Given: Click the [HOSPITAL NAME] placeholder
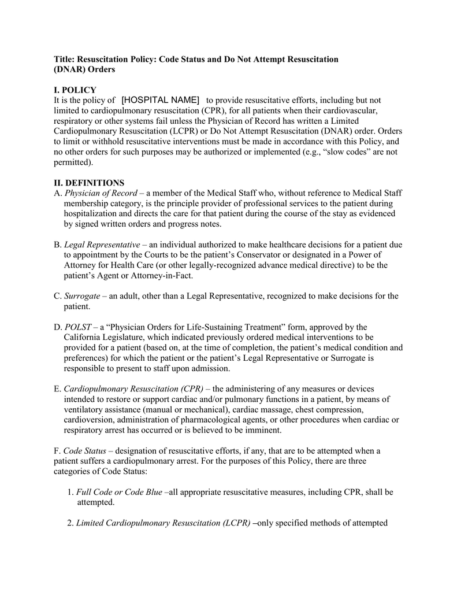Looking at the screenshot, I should point(161,100).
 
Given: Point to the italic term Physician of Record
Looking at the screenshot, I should point(101,193).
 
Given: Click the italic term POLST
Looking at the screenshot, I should point(78,327).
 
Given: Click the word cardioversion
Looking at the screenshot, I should point(90,420).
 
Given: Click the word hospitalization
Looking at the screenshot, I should point(95,214).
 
